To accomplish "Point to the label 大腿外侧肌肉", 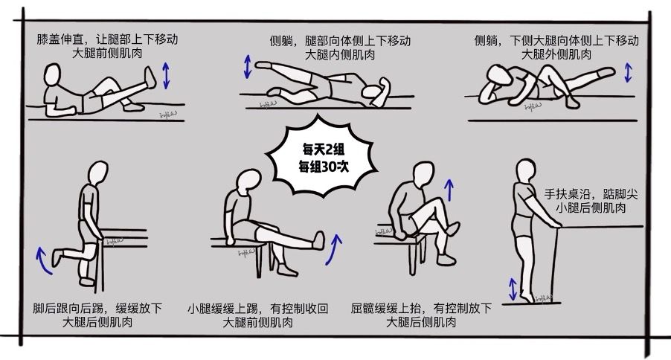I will [557, 54].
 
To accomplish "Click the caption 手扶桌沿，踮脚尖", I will [591, 193].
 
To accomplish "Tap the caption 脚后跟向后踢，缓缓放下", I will [97, 308].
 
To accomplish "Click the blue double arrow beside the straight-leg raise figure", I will [166, 76].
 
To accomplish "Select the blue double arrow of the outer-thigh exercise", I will [629, 73].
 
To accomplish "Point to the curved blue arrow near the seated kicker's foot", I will [335, 249].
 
